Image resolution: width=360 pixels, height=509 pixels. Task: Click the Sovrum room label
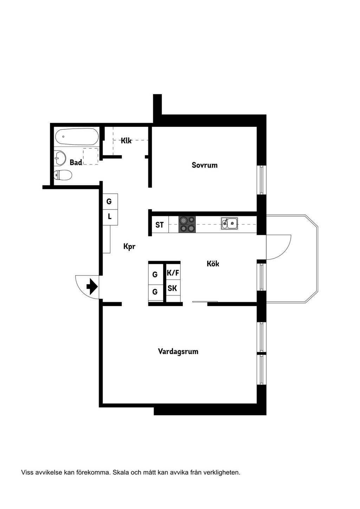205,165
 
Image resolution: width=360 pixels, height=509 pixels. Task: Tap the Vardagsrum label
178,352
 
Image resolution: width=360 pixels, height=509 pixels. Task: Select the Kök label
213,264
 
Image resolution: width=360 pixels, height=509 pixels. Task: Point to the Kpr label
129,246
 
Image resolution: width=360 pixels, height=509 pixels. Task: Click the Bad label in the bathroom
76,162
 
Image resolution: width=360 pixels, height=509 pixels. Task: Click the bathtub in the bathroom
77,137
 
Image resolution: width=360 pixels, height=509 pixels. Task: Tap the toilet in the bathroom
63,175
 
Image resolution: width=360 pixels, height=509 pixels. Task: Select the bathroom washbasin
60,158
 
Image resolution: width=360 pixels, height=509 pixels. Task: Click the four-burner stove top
187,224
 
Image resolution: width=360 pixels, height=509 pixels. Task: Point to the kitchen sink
230,223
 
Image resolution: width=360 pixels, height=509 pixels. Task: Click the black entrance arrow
92,286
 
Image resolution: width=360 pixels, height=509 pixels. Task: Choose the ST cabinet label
159,225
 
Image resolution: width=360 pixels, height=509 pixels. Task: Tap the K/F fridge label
173,273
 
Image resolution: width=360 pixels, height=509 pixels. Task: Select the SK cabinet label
172,288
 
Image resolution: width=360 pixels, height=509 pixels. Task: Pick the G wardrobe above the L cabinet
110,201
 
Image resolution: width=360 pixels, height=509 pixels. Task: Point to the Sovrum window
262,180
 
